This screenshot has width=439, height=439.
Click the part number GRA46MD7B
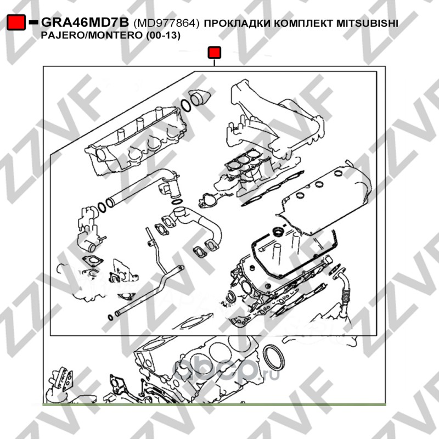coord(85,22)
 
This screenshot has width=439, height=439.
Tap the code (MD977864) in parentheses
coord(166,23)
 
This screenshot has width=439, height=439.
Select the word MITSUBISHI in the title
coord(367,23)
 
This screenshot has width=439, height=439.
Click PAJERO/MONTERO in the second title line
coord(92,36)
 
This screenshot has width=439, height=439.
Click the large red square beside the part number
coord(16,22)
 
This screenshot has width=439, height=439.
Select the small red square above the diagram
coord(214,52)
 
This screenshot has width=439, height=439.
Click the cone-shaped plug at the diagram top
coord(200,98)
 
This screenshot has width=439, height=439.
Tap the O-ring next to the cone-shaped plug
coord(185,105)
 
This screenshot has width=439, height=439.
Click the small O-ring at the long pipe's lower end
coord(111,318)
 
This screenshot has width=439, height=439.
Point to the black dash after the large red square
coord(33,21)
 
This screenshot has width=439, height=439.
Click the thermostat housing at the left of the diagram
coord(88,229)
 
